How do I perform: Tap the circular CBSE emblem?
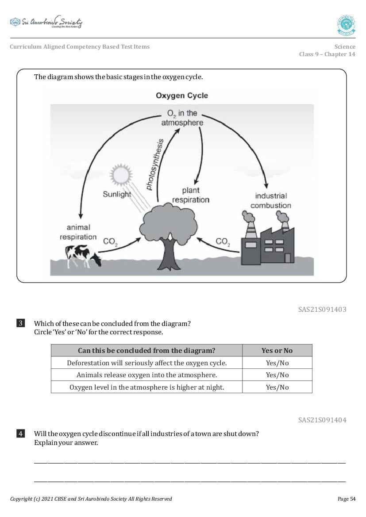(346, 25)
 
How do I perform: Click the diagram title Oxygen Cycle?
(181, 96)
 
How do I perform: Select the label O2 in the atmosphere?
(182, 118)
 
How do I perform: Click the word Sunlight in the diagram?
(117, 194)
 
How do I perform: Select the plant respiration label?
(191, 195)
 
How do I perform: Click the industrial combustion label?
(271, 200)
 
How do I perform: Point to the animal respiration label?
(78, 232)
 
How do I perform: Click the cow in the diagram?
(82, 256)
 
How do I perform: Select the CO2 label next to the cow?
(110, 242)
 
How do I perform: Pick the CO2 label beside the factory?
(223, 242)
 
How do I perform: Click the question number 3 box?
(21, 323)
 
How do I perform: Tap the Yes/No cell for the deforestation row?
(277, 363)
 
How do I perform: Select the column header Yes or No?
(277, 351)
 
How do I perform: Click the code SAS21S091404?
(322, 420)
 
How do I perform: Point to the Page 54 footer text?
(346, 499)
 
